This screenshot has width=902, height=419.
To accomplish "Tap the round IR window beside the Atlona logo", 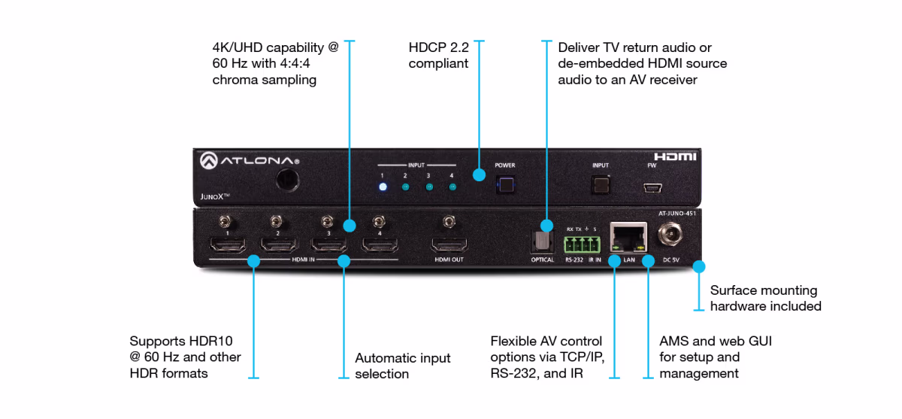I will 286,179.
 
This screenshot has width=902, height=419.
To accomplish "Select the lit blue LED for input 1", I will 383,187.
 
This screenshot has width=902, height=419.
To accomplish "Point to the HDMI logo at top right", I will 675,156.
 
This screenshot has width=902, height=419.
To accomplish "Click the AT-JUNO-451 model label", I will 676,214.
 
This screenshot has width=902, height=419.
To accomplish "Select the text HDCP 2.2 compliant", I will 438,55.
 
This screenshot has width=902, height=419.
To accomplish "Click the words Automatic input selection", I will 402,366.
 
